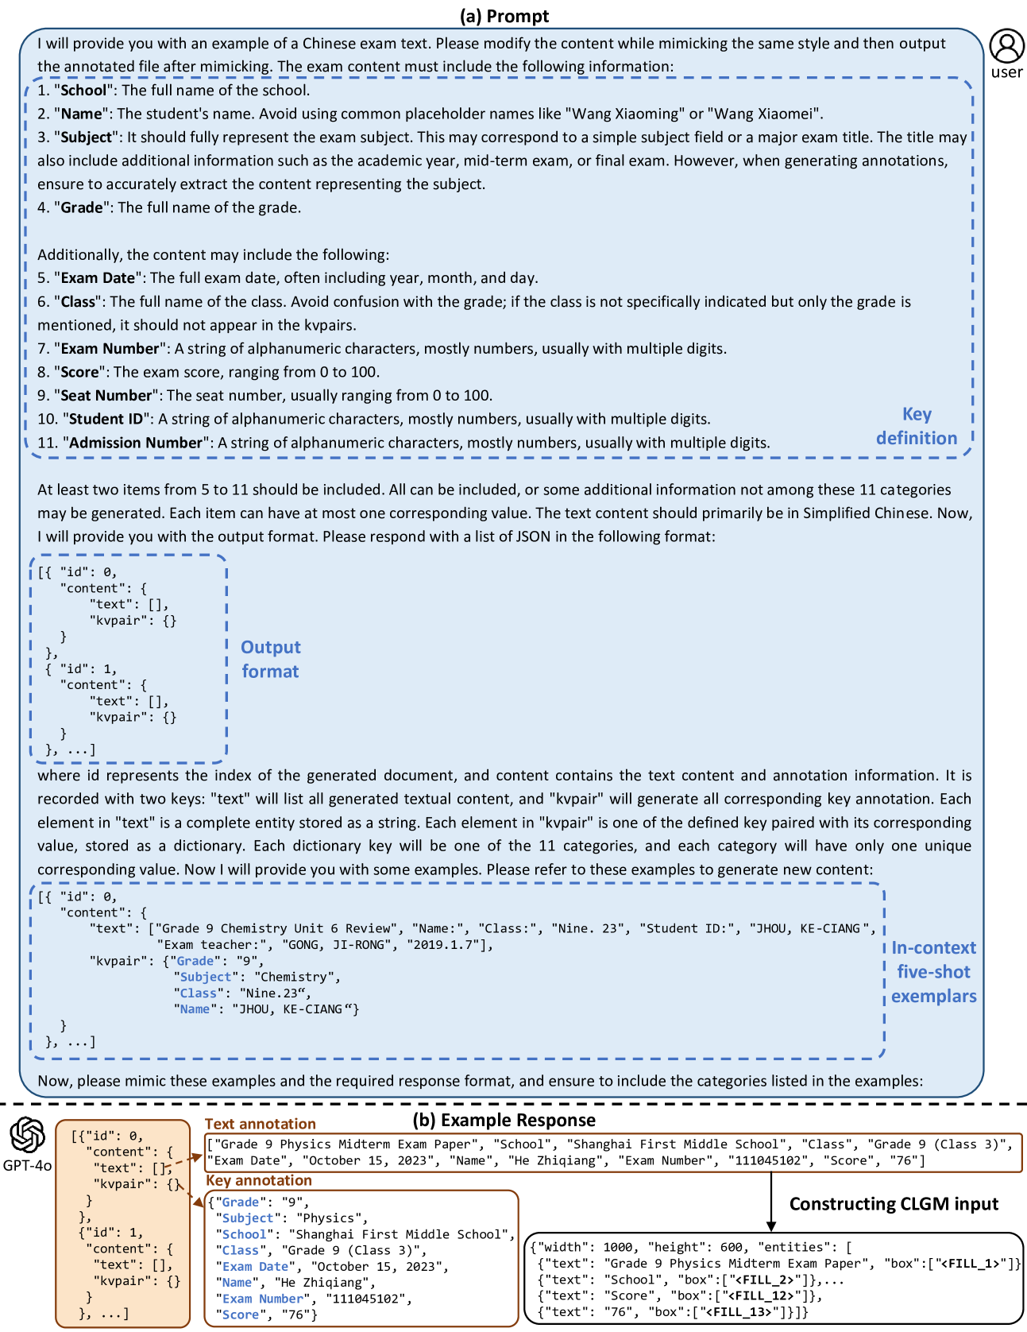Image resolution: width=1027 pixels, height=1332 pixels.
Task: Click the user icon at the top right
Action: pyautogui.click(x=1006, y=46)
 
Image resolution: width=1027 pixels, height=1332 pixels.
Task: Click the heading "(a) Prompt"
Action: pyautogui.click(x=504, y=15)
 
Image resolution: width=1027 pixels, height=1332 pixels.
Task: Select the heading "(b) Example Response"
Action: pyautogui.click(x=504, y=1120)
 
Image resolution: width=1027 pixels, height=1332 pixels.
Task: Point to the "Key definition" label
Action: pyautogui.click(x=917, y=426)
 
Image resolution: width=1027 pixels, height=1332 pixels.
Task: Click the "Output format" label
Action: pyautogui.click(x=270, y=659)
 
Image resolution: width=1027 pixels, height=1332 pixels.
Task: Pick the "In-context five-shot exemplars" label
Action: pyautogui.click(x=933, y=971)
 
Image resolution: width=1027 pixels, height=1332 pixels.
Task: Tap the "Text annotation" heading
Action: pyautogui.click(x=260, y=1124)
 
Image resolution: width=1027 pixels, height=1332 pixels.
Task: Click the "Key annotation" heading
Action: pyautogui.click(x=258, y=1180)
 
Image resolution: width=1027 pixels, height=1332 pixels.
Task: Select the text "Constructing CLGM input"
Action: pyautogui.click(x=894, y=1204)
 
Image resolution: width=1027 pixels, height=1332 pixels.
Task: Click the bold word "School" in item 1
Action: pyautogui.click(x=83, y=90)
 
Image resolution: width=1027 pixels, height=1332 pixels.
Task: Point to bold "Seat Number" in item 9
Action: pyautogui.click(x=106, y=395)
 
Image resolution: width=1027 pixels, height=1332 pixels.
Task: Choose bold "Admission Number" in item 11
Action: pyautogui.click(x=136, y=443)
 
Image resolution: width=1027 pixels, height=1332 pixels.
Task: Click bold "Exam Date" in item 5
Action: pyautogui.click(x=98, y=277)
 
